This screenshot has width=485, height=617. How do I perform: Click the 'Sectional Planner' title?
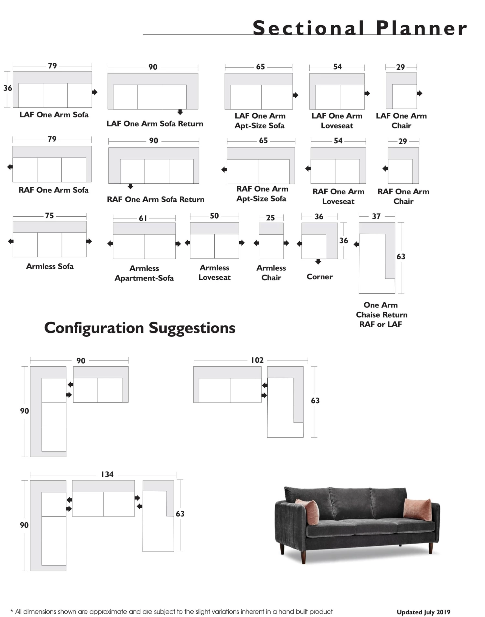click(360, 28)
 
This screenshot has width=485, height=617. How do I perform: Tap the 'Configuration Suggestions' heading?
click(140, 328)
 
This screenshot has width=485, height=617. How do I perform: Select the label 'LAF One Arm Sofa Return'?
click(155, 124)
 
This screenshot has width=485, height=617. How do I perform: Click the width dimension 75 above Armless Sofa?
click(49, 216)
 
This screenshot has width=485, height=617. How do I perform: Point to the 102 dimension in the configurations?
click(257, 360)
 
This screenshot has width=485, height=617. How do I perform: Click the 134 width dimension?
click(107, 474)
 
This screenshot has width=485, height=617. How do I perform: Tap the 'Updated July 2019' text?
click(423, 612)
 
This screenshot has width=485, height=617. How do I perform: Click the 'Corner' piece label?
click(319, 277)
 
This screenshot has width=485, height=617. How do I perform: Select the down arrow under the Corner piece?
click(318, 262)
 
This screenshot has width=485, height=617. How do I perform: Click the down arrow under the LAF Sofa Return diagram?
click(180, 112)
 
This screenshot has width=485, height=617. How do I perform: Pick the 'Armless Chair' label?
click(271, 273)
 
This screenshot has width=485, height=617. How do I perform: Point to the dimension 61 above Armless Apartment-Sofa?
click(143, 219)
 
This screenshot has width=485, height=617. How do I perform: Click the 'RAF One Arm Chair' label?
click(403, 196)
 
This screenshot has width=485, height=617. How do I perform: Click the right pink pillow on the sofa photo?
click(418, 509)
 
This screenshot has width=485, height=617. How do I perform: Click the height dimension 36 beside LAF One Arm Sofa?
click(8, 88)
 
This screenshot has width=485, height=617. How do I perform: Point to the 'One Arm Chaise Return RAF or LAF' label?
click(381, 314)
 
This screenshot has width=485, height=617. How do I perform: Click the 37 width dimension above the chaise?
click(376, 216)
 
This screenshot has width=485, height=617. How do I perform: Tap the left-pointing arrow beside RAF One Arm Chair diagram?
click(385, 168)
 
